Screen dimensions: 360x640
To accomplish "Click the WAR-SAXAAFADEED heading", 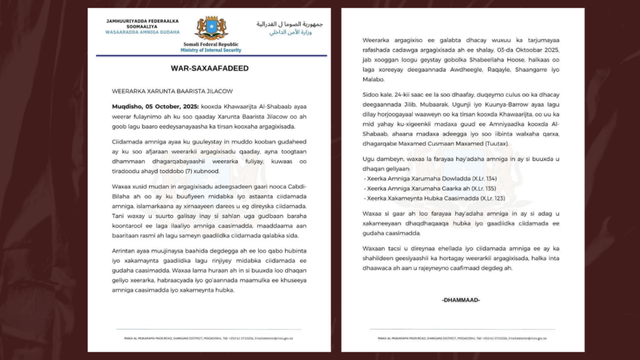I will click(210, 68).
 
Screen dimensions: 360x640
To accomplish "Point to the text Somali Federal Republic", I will click(210, 44).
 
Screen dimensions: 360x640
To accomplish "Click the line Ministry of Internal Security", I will click(210, 50).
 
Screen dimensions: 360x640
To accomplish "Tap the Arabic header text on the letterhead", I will click(289, 28).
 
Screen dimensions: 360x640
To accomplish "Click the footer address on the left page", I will click(210, 339).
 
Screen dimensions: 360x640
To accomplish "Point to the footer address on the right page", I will click(463, 339).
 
